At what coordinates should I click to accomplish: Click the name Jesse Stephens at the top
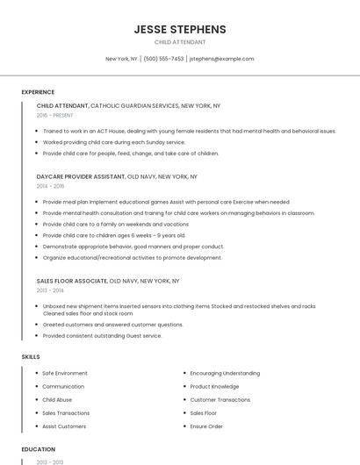[180, 29]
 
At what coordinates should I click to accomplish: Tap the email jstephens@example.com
[221, 59]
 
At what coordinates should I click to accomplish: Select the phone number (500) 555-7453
[163, 59]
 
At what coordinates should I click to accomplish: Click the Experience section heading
[38, 92]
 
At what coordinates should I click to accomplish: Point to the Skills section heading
[31, 357]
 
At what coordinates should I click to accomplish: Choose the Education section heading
[38, 449]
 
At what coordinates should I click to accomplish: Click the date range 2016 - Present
[55, 115]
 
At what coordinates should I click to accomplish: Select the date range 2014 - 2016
[50, 186]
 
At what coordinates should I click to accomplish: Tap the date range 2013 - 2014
[50, 290]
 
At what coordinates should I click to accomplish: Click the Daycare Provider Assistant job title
[81, 176]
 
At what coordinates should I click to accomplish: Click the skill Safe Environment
[65, 373]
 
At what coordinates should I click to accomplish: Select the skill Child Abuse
[58, 399]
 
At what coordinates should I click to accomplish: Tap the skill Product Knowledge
[214, 386]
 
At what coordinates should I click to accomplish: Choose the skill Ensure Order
[206, 426]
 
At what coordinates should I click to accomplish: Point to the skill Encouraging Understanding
[225, 373]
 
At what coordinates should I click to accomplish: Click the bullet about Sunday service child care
[114, 142]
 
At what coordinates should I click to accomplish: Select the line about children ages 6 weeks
[114, 235]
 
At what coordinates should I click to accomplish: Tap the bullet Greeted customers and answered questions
[112, 325]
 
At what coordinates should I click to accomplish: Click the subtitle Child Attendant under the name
[180, 42]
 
